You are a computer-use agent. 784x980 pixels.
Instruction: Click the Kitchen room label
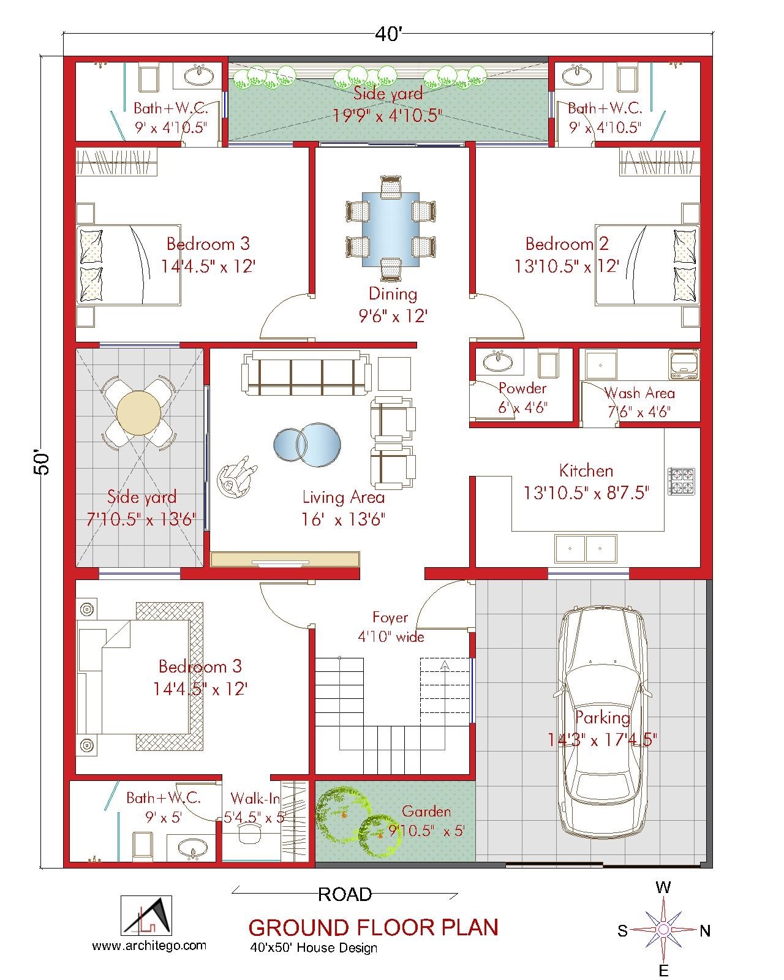586,471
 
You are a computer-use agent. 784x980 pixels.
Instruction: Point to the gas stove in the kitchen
682,481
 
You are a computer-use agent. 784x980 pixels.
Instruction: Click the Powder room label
522,388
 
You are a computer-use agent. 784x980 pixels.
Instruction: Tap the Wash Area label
639,393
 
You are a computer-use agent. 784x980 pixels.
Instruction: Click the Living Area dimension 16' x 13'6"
343,519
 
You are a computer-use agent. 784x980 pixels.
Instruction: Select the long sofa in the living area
306,373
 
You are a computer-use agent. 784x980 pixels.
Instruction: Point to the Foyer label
390,617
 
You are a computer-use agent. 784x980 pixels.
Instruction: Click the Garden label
426,812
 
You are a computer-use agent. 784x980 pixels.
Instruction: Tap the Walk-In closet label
255,799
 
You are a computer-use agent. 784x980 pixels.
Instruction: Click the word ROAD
345,895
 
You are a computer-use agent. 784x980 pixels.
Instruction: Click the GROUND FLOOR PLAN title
373,927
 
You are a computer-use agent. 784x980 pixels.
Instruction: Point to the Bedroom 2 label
567,244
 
